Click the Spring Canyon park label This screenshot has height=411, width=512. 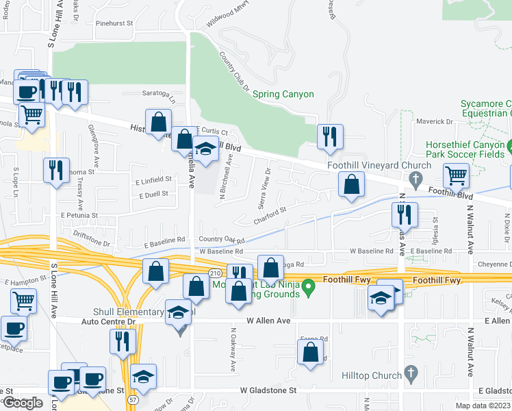coord(283,95)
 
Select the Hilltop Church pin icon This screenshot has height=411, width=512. coord(411,374)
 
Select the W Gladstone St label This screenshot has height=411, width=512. coord(268,390)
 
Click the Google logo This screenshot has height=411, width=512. coord(23,403)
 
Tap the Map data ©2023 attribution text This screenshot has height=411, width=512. coord(483,406)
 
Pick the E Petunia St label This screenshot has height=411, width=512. coord(79,215)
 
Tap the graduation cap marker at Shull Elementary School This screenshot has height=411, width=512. coord(178,312)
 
